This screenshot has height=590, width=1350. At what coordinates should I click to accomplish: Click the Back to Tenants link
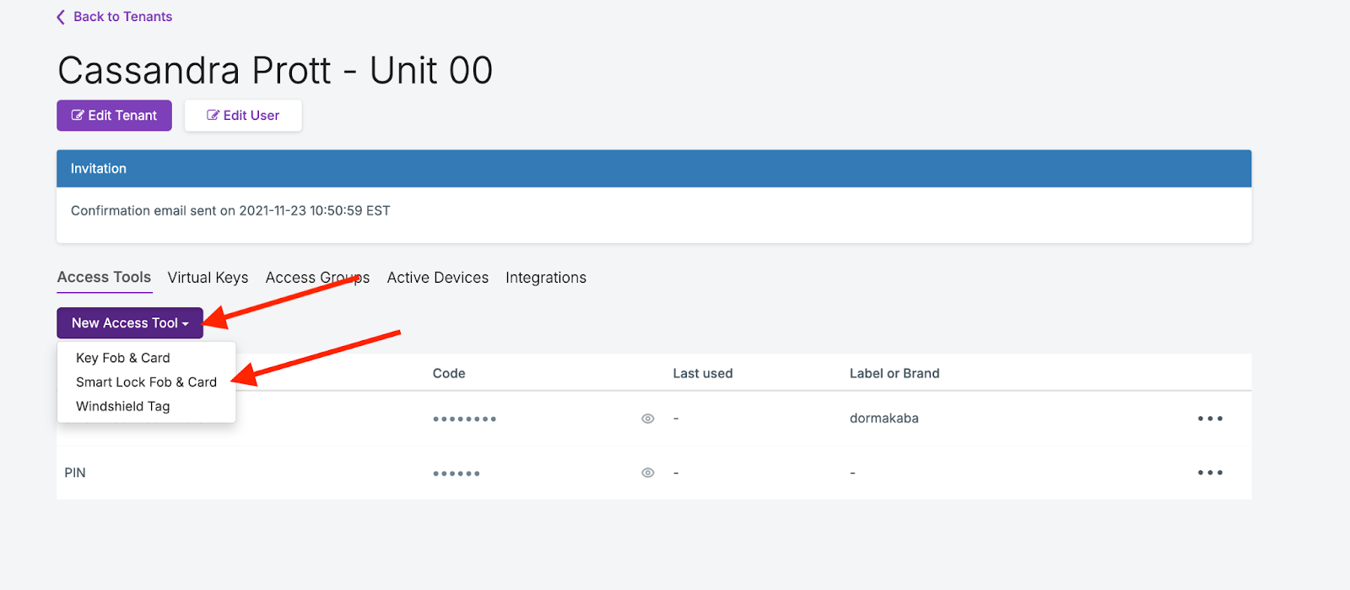115,17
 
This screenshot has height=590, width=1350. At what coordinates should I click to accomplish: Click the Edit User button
243,116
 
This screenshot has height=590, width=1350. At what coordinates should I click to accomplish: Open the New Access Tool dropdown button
130,323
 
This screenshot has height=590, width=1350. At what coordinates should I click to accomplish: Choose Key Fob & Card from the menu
123,358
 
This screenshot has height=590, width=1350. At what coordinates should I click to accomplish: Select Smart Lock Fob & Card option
146,382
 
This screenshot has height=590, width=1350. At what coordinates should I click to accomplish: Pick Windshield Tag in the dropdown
123,406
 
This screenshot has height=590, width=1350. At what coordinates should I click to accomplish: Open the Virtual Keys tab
208,278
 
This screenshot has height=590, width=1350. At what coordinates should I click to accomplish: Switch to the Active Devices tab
437,278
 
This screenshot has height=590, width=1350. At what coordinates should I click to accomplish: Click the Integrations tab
546,278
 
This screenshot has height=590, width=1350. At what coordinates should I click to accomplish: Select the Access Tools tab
104,278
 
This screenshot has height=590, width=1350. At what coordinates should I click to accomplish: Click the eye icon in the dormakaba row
648,419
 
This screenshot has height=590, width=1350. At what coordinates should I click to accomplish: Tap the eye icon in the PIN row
648,473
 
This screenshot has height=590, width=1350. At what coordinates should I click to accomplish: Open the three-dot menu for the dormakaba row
1210,419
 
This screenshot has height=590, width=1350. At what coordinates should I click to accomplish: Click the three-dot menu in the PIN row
1210,473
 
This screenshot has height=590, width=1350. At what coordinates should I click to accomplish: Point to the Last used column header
703,373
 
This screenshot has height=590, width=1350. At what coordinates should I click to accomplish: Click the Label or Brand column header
894,373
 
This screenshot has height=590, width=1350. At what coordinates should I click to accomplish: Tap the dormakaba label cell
884,419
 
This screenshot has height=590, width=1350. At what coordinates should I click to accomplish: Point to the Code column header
449,373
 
